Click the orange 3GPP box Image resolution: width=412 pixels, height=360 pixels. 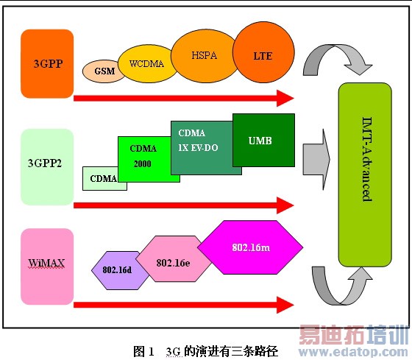(48, 63)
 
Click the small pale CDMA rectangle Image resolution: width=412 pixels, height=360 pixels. (104, 177)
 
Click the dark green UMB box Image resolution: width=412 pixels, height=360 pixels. (263, 140)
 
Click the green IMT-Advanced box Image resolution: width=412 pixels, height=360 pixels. (366, 174)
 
